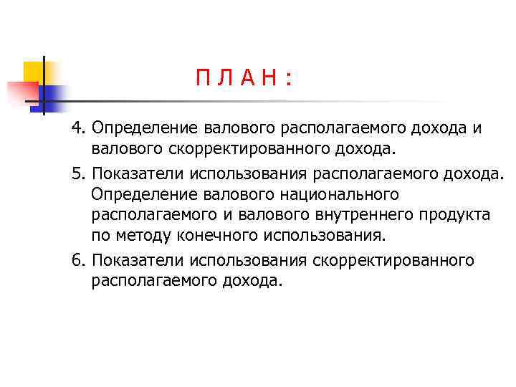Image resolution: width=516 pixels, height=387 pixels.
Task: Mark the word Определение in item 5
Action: coord(137,195)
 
